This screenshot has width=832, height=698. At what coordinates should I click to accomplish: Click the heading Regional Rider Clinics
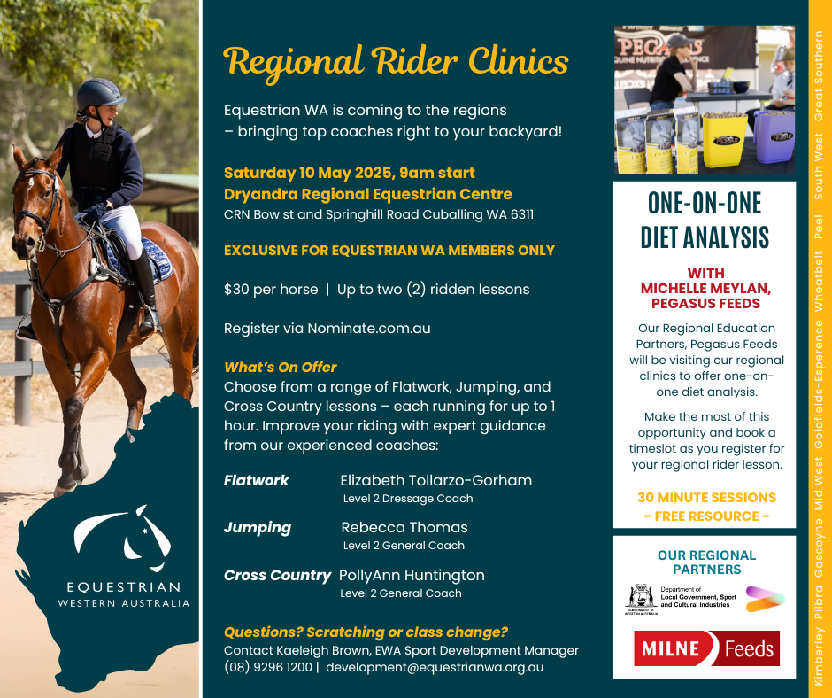tap(396, 62)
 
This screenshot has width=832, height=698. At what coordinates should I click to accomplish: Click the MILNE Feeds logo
tap(705, 649)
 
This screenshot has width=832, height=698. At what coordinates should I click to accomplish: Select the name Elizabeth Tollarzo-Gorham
tap(435, 481)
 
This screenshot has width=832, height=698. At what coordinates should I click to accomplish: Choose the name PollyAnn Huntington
tap(412, 575)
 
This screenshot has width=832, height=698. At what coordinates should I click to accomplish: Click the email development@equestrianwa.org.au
tap(435, 667)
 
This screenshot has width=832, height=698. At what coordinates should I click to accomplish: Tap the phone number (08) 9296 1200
tap(267, 667)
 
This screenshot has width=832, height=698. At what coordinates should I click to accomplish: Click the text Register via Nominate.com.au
tap(327, 328)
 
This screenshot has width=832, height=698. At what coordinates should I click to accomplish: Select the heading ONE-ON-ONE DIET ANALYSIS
tap(705, 221)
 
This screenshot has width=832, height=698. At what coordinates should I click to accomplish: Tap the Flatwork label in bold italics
tap(256, 481)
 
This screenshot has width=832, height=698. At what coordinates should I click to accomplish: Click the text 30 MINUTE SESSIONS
tap(706, 498)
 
